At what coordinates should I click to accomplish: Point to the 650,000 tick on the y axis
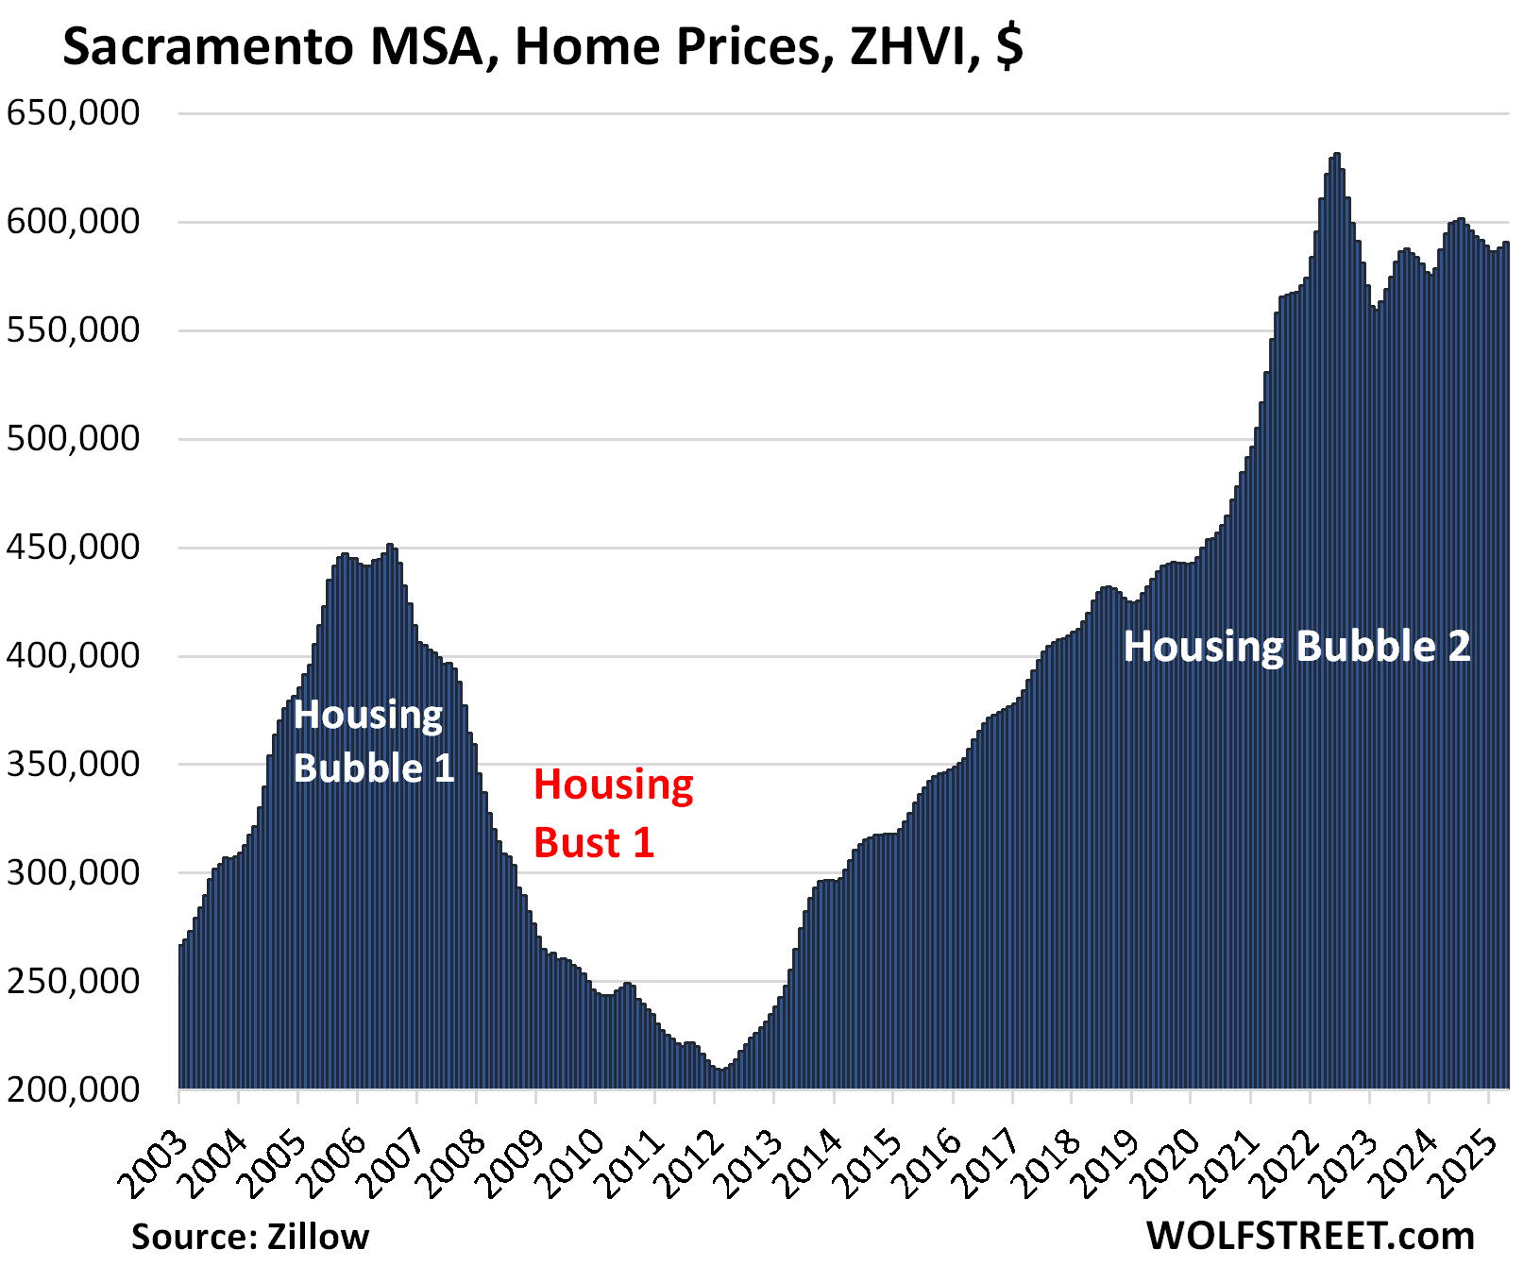74,113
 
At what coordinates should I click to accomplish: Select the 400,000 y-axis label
74,656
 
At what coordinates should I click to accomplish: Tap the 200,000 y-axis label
74,1089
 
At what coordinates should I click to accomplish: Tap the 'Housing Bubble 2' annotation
1296,648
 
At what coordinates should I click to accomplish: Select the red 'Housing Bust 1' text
613,814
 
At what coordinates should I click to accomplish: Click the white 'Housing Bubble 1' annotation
373,742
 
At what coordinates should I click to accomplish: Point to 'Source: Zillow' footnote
250,1236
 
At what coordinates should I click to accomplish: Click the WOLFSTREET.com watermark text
1311,1235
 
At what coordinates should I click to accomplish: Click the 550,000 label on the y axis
74,330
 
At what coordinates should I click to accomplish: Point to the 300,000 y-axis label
74,873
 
